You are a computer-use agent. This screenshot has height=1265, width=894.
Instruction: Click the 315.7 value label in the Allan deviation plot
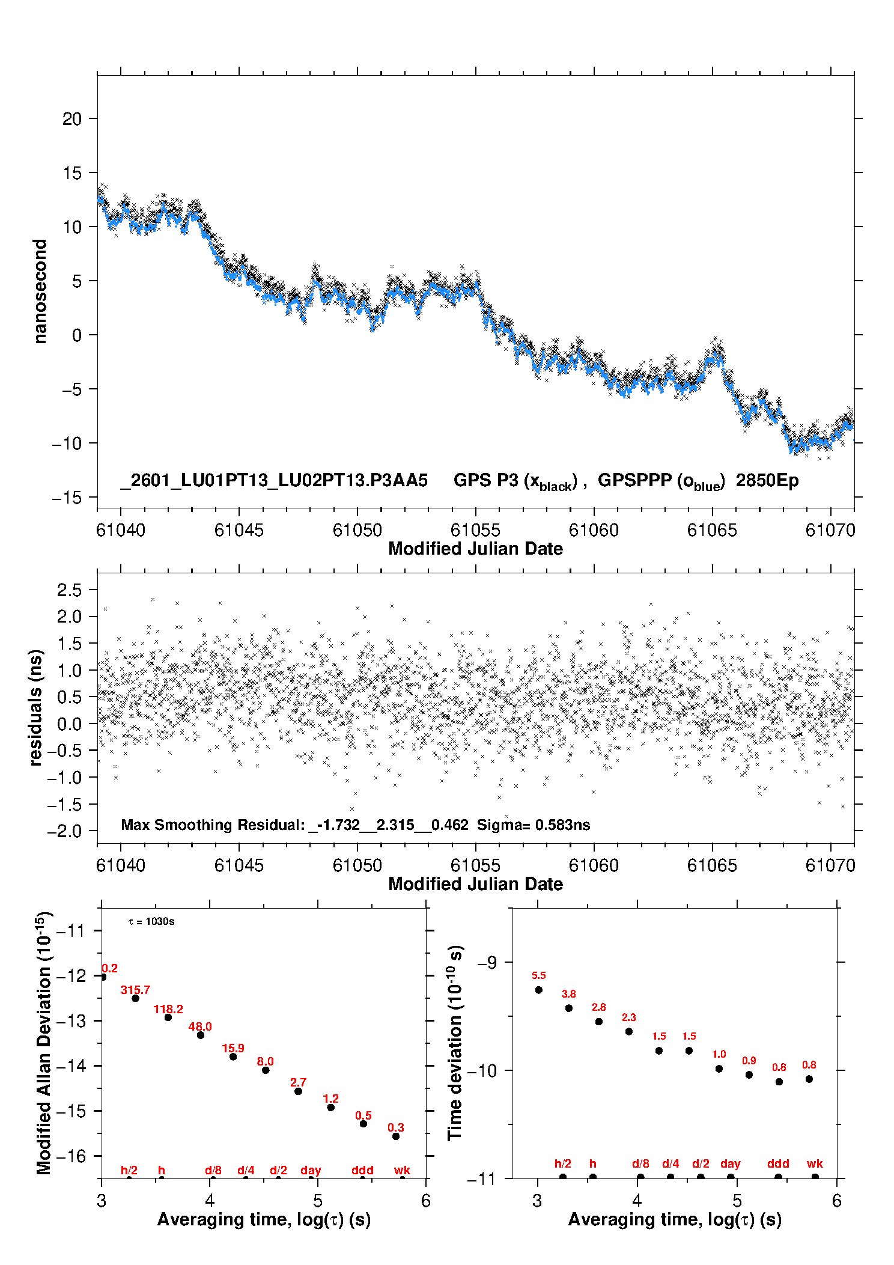135,990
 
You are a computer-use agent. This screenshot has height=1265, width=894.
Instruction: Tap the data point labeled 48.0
201,1035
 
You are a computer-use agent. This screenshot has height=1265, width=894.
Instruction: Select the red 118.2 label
168,1009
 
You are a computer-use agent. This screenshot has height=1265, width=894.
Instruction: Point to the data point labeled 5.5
539,990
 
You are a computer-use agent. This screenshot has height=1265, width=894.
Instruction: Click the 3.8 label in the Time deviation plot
568,994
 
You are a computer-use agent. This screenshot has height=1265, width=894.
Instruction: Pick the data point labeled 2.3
629,1031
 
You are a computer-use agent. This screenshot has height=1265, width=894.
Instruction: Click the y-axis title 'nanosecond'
40,291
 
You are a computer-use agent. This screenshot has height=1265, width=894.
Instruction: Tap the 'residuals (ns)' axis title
36,707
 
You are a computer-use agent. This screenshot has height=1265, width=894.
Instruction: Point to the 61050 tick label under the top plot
357,530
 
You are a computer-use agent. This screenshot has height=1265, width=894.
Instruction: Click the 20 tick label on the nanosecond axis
71,119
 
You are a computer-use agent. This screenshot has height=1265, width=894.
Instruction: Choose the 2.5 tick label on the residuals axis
69,590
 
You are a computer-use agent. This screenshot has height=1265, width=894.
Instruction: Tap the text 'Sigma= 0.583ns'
534,825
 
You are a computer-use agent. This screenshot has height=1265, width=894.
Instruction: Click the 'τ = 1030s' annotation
151,921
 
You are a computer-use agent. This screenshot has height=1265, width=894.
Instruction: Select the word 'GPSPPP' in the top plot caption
634,480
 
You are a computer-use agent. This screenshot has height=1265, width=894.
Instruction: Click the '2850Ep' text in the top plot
767,480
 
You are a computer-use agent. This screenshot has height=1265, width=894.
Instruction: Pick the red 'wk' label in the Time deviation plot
815,1163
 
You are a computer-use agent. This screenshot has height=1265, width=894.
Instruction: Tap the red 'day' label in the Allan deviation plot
311,1170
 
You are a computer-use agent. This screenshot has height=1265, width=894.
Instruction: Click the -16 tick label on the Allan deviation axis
70,1156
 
